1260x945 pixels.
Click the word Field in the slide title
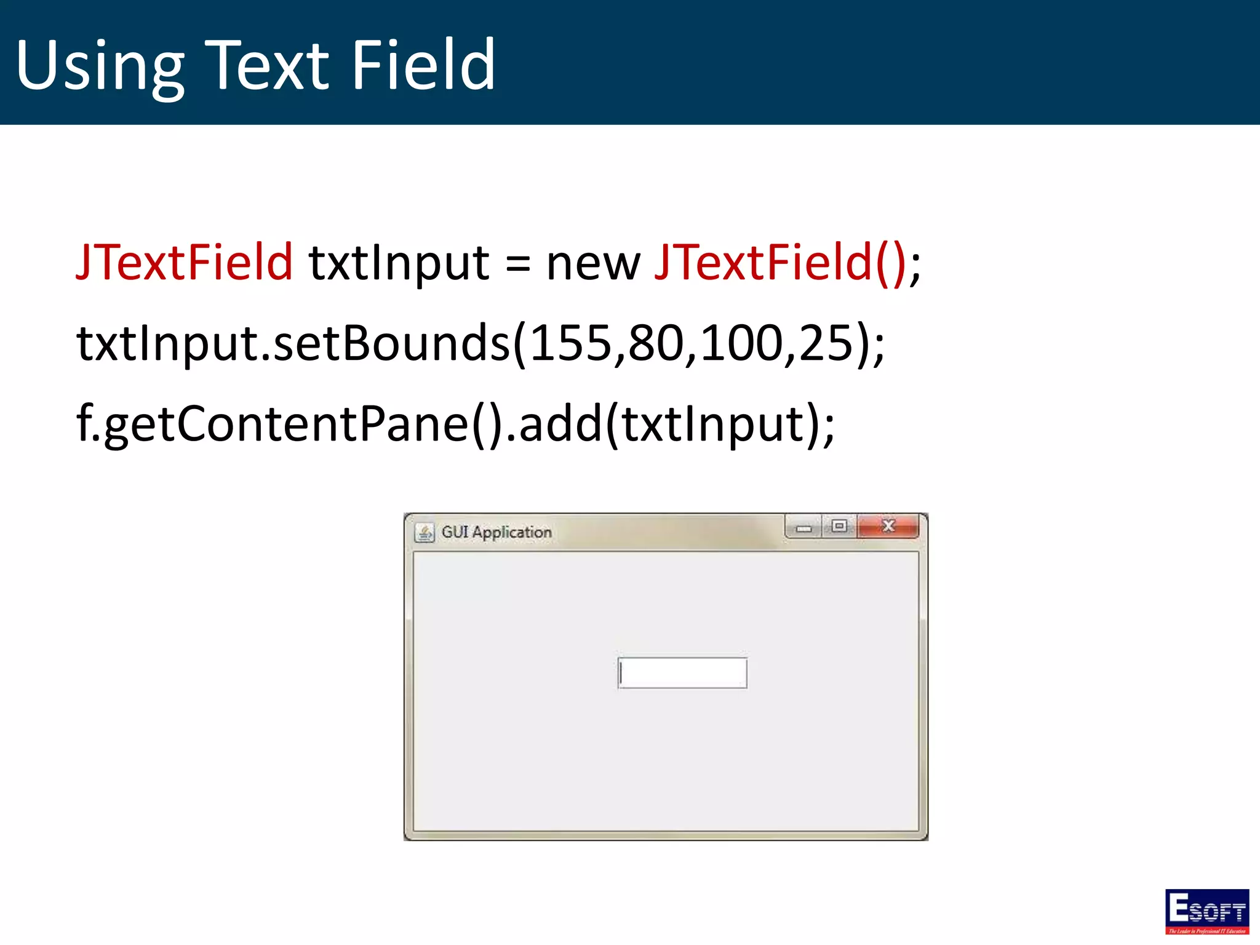(423, 64)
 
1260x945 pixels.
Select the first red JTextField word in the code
(184, 263)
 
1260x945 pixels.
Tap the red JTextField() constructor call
(780, 263)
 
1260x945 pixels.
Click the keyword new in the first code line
(593, 265)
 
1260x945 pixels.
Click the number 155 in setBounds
(570, 343)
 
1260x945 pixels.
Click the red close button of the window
(888, 526)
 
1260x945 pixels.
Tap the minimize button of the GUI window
(803, 527)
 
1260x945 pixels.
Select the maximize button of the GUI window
(839, 526)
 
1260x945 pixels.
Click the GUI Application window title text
(496, 532)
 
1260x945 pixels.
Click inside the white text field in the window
(683, 673)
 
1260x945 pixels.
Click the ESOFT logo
(1206, 911)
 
